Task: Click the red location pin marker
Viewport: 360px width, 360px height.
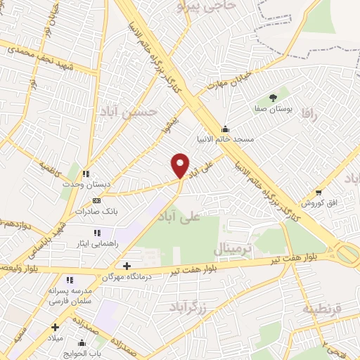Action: coord(181,165)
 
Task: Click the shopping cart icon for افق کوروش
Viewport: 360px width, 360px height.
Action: coord(319,192)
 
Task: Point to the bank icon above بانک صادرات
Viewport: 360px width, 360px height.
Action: coord(97,200)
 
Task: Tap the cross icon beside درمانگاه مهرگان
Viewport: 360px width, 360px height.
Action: coord(127,266)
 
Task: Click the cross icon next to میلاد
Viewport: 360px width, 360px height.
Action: coord(55,327)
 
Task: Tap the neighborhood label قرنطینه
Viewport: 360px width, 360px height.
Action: coord(321,309)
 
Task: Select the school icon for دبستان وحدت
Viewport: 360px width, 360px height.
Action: coord(86,174)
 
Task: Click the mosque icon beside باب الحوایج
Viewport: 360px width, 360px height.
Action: coord(82,344)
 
